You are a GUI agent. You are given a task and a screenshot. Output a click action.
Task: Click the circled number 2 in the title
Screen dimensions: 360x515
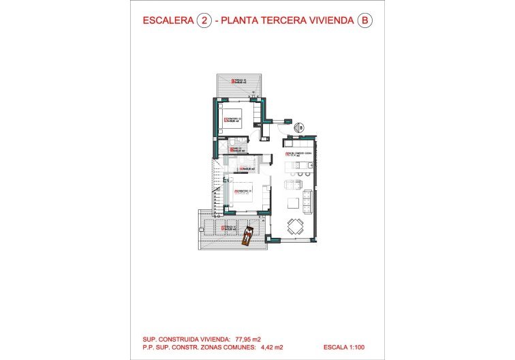click(203, 20)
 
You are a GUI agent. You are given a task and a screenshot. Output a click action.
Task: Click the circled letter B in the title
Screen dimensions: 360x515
click(365, 20)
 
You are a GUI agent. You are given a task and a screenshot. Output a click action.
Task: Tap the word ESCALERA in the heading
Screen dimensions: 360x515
click(168, 20)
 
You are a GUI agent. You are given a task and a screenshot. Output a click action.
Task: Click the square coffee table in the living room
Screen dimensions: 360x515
click(293, 202)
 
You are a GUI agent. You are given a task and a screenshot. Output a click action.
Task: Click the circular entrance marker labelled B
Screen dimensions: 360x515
click(298, 127)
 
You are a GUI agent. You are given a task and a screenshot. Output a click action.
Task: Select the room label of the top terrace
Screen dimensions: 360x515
click(239, 82)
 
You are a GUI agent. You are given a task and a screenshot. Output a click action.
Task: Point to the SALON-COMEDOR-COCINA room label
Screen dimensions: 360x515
click(300, 154)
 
